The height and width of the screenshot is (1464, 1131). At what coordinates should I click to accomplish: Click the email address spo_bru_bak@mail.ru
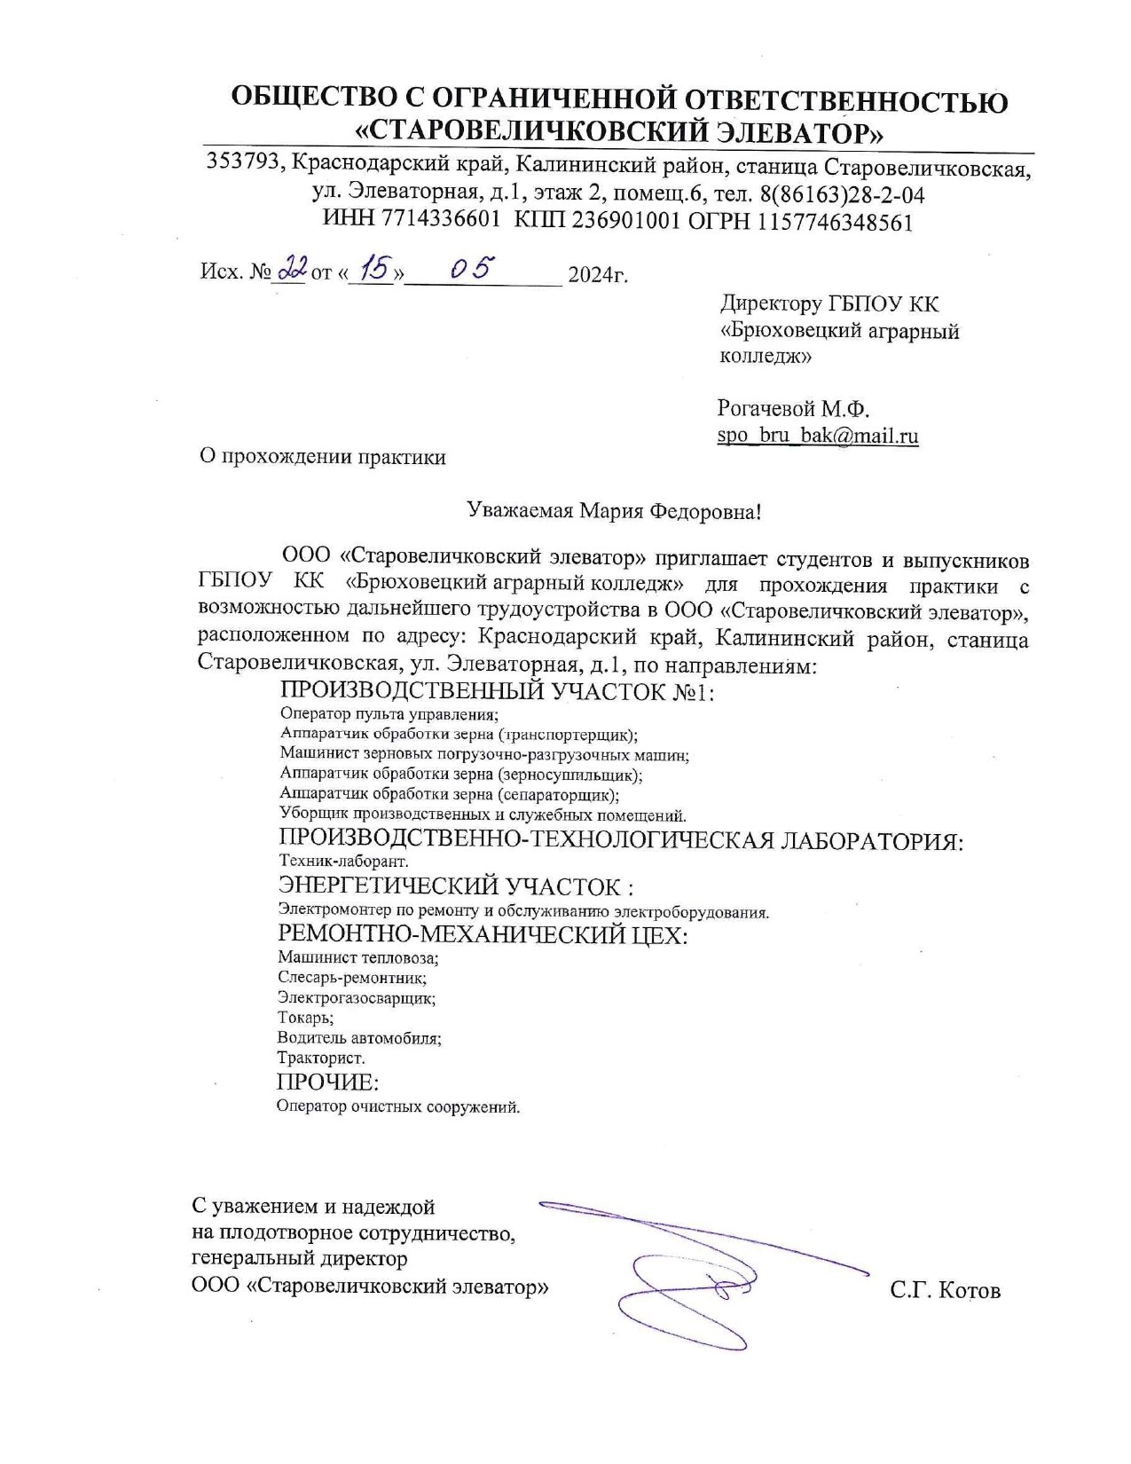coord(817,436)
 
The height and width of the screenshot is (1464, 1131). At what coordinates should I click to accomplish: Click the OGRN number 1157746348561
coord(835,221)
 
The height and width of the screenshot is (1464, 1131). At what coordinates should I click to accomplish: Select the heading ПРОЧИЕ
coord(327,1082)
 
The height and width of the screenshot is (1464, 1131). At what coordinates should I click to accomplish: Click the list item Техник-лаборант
coord(343,861)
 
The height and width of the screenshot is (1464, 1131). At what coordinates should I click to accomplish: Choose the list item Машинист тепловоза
coord(358,956)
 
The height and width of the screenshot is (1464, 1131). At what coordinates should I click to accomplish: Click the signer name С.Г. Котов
coord(945,1289)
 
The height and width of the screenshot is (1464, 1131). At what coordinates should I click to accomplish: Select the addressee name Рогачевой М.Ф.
coord(793,409)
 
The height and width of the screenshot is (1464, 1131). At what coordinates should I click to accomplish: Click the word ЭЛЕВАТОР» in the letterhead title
coord(799,132)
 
